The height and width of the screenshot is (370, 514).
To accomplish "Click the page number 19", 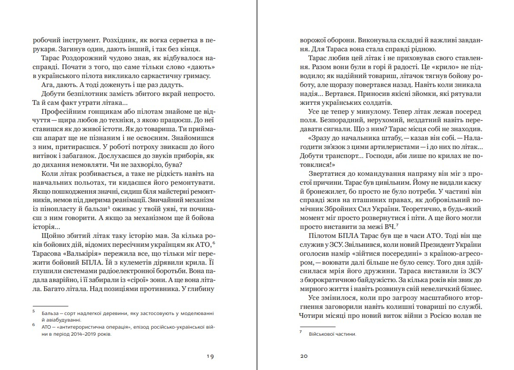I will click(210, 356).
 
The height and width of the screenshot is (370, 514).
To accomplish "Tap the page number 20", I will click(304, 356).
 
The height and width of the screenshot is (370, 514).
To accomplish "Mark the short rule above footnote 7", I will click(318, 326).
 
